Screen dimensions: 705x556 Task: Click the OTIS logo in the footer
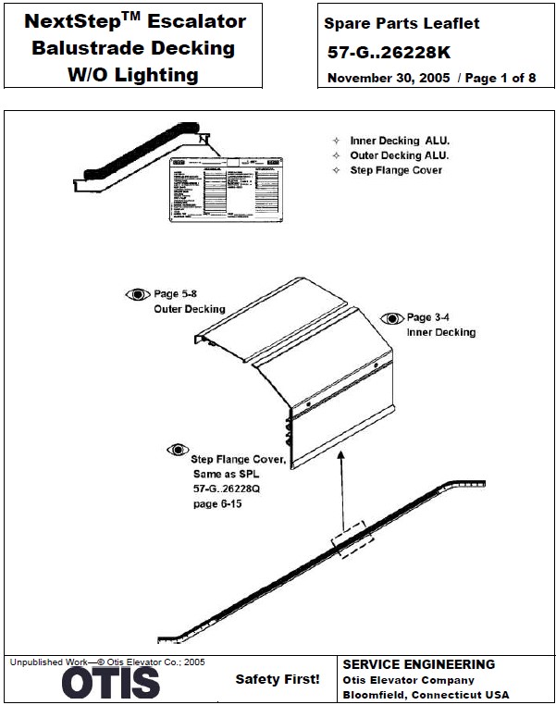click(x=111, y=684)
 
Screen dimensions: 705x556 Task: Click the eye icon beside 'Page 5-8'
click(x=137, y=294)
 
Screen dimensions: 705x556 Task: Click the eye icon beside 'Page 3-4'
click(x=392, y=317)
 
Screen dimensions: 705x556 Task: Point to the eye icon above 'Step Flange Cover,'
click(x=177, y=450)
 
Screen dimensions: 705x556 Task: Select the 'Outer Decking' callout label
click(x=189, y=309)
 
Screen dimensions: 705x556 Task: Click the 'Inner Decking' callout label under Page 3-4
click(x=440, y=332)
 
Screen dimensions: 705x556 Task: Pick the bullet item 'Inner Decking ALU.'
click(x=399, y=141)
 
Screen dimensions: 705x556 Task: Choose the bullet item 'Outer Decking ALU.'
click(x=400, y=155)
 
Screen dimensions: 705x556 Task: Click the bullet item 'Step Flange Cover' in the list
click(x=396, y=170)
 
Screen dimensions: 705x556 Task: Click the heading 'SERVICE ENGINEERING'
click(x=418, y=664)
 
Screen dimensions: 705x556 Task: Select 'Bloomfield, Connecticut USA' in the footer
click(x=426, y=695)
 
